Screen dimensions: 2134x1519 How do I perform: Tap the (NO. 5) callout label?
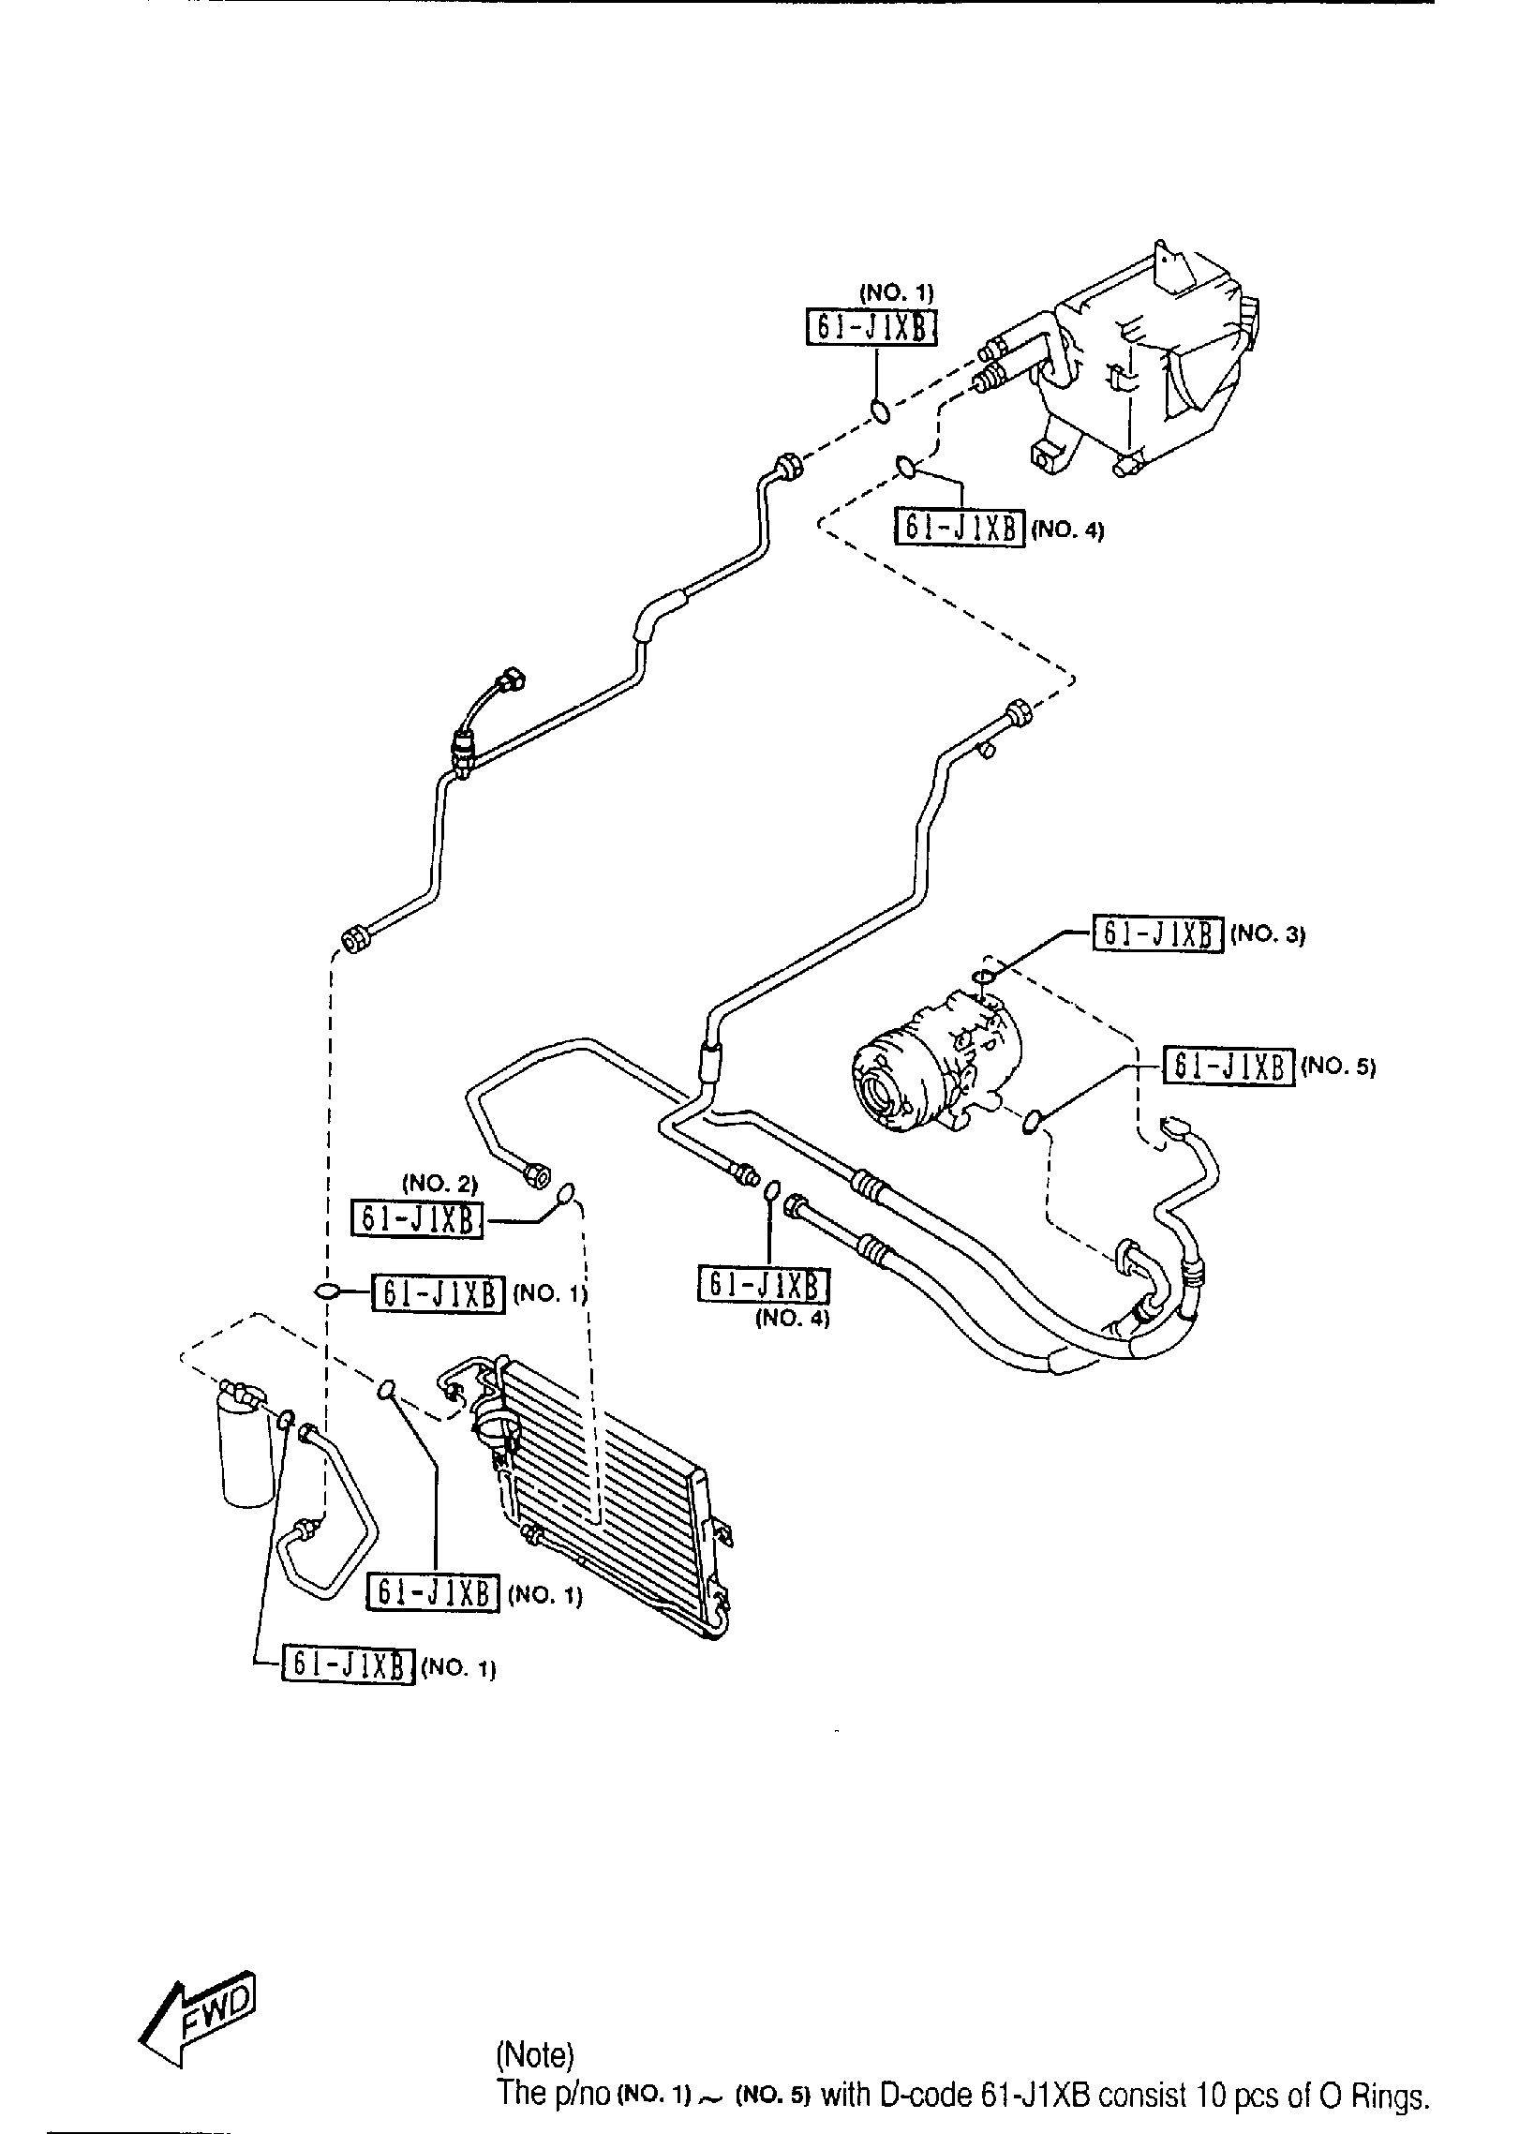pos(1337,1067)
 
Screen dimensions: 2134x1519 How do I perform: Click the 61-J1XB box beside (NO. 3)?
pos(1157,933)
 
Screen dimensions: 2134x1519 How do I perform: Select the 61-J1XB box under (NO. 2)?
pos(417,1220)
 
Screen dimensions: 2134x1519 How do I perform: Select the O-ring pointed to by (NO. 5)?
pos(1032,1120)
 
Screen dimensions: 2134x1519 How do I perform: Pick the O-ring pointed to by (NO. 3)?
pos(983,977)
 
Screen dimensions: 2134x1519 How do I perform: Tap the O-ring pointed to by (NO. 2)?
pos(565,1193)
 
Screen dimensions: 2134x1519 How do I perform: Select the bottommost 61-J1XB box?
pos(348,1665)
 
